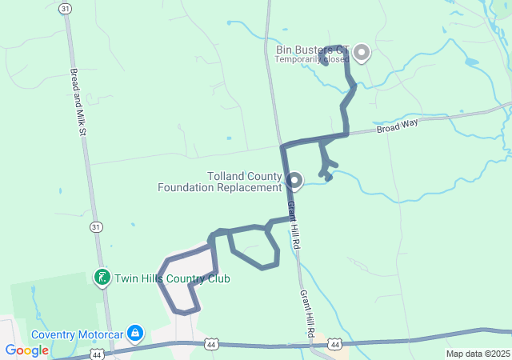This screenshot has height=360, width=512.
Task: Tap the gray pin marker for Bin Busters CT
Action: [x=362, y=53]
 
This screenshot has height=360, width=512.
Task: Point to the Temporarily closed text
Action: [x=312, y=59]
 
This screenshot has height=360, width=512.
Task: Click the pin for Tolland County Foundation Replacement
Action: [x=294, y=181]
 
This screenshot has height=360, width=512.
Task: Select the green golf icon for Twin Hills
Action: [x=102, y=278]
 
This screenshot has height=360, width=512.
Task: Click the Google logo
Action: [x=26, y=350]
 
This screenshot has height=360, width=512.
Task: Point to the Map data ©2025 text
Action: [x=478, y=354]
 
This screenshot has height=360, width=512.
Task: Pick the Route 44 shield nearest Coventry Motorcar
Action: [x=97, y=352]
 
